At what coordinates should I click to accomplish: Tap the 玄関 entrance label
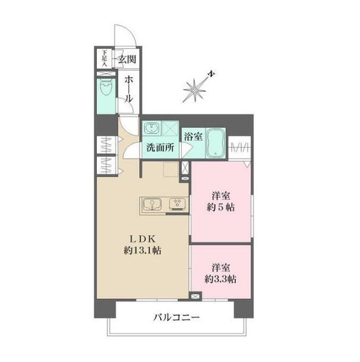coord(127,59)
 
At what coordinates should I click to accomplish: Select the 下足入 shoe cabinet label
coord(105,59)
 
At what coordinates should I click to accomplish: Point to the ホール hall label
coord(128,89)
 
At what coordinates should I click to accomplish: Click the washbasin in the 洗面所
coord(151,128)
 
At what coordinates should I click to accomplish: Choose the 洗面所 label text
coord(160,147)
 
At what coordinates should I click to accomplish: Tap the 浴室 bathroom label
coord(193,137)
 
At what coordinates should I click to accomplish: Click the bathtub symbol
coord(216,143)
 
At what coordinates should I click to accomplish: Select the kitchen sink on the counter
coord(152,204)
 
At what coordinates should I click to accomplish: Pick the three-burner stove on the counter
coord(177,204)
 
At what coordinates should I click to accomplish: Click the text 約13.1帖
coord(143,250)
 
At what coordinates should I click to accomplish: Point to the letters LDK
coord(143,239)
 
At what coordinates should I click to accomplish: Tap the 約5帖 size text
coord(221,207)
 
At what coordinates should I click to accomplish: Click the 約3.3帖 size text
coord(220,279)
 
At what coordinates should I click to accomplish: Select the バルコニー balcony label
coord(176,317)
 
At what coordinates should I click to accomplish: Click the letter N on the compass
coord(211,74)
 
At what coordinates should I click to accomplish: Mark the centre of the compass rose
coord(194,90)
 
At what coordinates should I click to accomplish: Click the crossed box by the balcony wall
coord(195,296)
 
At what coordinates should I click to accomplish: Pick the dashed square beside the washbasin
coord(169,128)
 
